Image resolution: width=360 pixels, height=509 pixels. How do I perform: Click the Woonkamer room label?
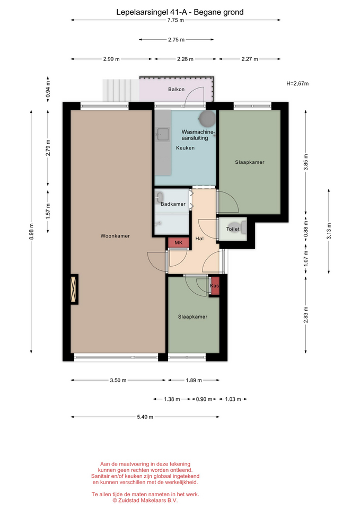[115, 236]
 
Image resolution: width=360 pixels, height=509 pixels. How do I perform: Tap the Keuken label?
[186, 148]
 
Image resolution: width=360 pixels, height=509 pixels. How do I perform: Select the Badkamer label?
[173, 204]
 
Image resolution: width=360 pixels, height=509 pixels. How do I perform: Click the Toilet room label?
[233, 229]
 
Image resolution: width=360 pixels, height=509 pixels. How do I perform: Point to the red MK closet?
[179, 243]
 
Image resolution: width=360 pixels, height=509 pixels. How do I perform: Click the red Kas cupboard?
[214, 286]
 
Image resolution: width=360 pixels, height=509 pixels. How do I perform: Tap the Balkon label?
[176, 89]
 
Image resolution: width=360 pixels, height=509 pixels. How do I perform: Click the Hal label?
[199, 239]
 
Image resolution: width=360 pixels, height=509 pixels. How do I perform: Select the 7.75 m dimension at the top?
[175, 20]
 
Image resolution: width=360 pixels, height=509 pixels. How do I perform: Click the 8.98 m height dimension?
[31, 232]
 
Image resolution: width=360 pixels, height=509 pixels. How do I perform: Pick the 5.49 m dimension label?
[145, 417]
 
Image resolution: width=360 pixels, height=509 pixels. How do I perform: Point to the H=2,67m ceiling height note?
[297, 83]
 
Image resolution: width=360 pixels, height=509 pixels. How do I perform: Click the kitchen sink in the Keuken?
[163, 134]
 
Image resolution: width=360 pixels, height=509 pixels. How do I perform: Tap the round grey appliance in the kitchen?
[207, 119]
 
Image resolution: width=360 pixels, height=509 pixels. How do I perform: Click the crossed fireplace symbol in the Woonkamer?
[74, 289]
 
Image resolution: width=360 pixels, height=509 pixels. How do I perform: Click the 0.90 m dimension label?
[204, 399]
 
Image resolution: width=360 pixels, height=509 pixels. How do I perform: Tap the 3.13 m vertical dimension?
[329, 231]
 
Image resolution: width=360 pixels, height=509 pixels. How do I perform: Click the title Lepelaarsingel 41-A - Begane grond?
[180, 12]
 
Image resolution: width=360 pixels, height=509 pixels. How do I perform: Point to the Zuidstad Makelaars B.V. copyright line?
[145, 501]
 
